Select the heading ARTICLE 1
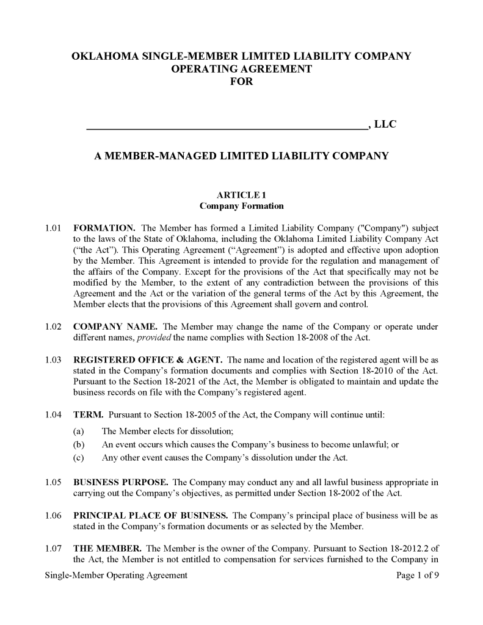point(241,195)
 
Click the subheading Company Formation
point(241,206)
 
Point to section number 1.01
point(54,228)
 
